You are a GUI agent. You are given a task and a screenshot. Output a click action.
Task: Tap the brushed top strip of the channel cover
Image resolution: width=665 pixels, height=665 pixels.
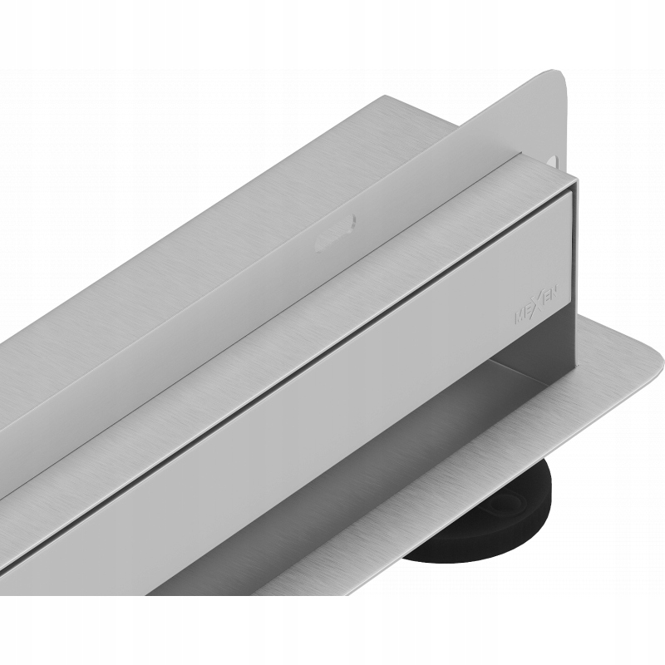coord(332,274)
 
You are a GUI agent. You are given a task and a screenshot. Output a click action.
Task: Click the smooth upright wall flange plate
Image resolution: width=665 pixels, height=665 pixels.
coord(465,150)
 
